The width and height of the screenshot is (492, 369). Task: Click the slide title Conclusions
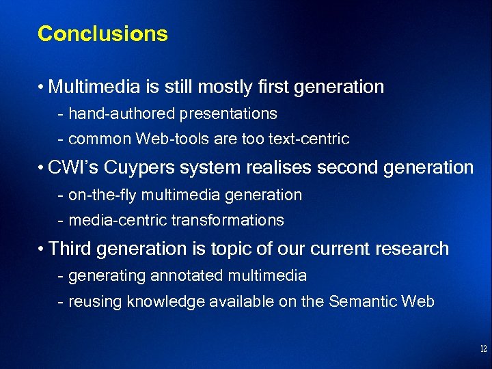point(102,33)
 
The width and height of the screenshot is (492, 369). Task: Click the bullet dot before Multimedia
point(42,87)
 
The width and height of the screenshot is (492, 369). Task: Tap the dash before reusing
point(61,301)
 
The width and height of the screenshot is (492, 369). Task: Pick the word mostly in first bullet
point(228,87)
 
